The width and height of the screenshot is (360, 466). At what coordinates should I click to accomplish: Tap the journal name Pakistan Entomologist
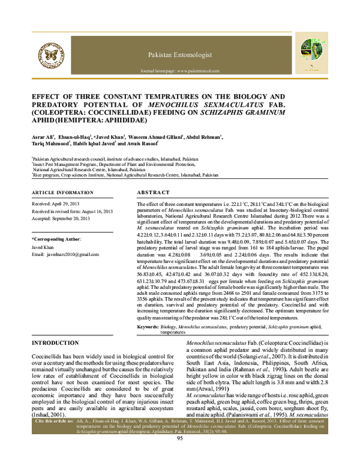click(x=183, y=55)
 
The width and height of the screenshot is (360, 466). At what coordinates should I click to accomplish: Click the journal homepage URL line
click(x=183, y=70)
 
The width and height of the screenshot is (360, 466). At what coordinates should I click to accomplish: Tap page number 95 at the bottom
click(x=179, y=455)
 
